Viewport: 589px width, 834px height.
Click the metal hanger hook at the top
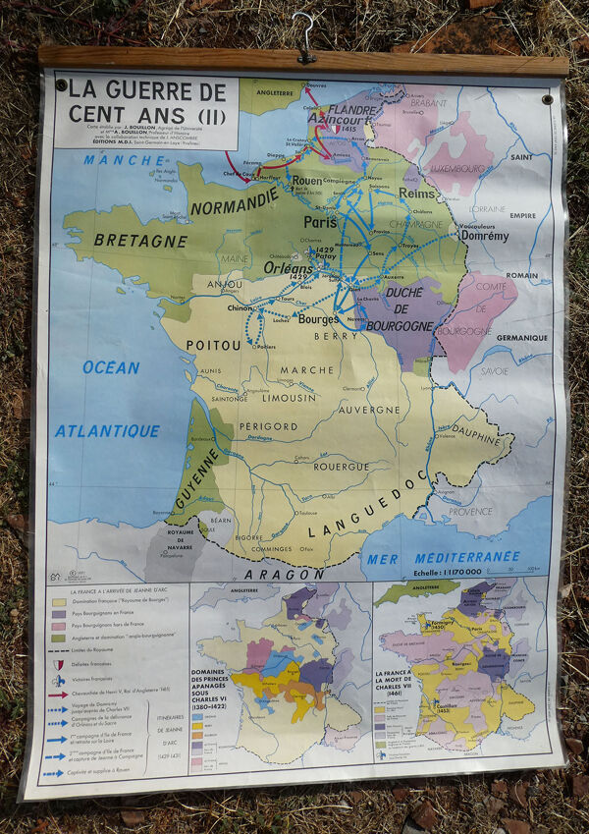click(304, 37)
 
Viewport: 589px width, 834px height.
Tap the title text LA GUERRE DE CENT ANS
click(147, 101)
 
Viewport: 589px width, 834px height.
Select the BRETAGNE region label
click(140, 240)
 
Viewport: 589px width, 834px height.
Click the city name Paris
click(320, 222)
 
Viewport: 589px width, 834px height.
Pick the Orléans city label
click(288, 266)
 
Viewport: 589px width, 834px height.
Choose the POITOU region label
click(213, 345)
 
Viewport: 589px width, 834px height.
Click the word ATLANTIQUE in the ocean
click(107, 430)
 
